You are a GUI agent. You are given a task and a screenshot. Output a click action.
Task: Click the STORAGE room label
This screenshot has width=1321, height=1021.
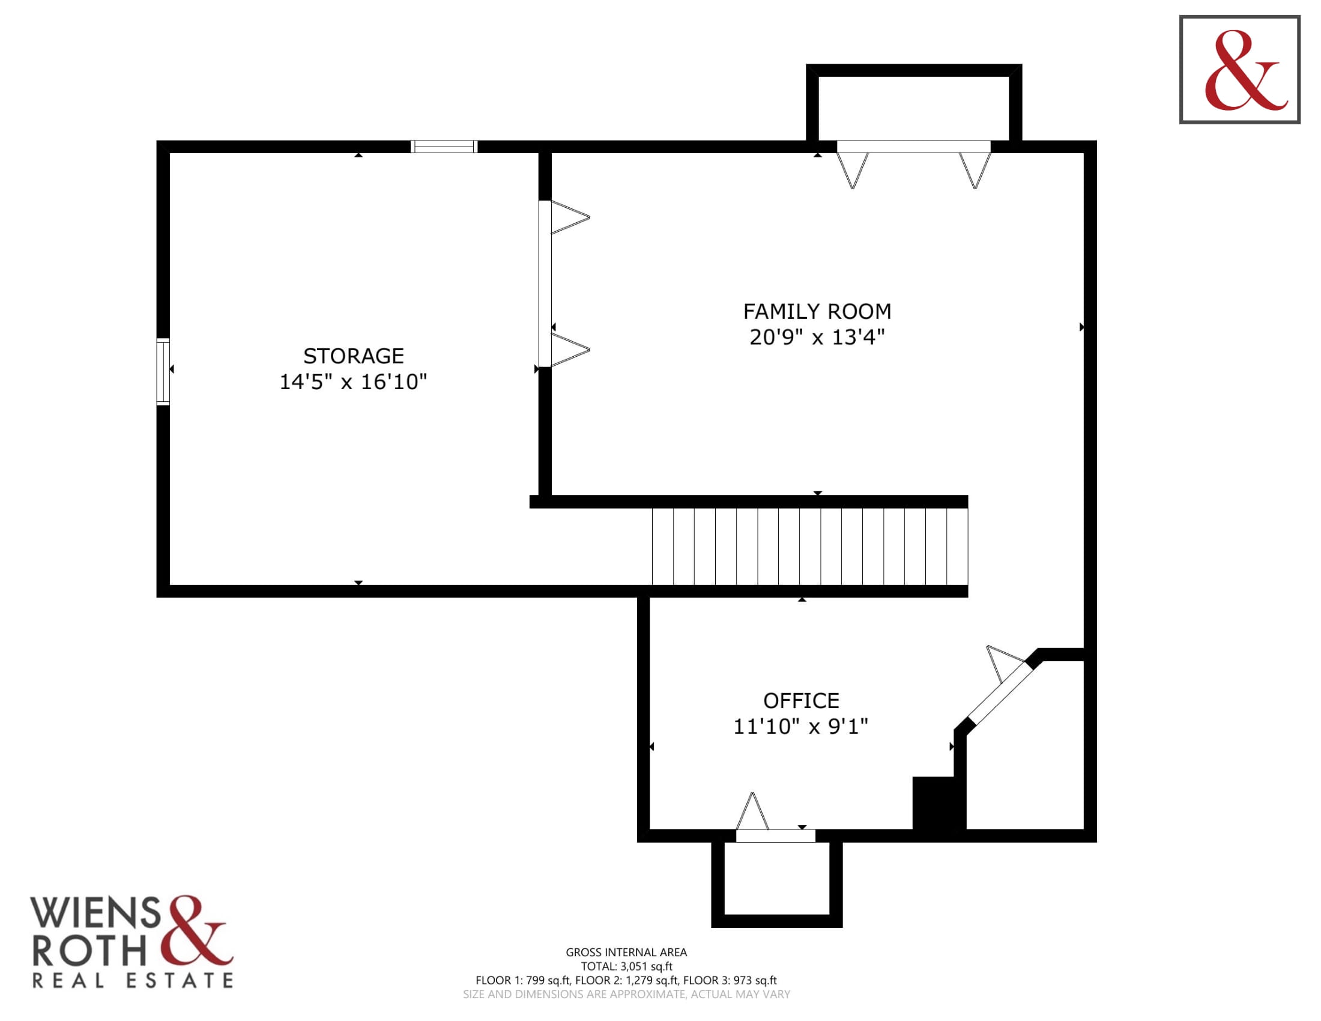coord(353,356)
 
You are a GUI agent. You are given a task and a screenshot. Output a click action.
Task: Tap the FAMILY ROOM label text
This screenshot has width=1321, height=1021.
coord(817,312)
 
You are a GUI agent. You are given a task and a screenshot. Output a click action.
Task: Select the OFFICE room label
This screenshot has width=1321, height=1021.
coord(801,700)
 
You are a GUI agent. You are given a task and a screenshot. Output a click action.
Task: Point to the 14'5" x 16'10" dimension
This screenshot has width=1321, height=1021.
coord(353,381)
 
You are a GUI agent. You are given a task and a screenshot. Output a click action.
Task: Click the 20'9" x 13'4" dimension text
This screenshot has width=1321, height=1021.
coord(817,337)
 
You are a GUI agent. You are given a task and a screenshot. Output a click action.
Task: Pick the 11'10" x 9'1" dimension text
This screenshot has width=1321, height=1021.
coord(801,727)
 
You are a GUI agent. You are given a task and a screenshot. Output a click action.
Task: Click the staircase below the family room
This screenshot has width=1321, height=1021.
coord(810,547)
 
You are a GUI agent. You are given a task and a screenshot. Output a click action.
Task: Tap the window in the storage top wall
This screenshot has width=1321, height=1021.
coord(444,147)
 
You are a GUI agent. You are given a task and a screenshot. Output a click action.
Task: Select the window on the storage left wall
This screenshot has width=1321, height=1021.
coord(163,371)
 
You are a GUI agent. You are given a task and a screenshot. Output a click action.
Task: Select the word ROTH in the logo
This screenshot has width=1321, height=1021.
coord(89,951)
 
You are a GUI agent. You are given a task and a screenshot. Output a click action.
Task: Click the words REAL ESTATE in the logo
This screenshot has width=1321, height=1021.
coord(133,981)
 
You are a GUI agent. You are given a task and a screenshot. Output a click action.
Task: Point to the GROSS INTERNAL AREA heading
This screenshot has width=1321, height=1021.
coord(626,952)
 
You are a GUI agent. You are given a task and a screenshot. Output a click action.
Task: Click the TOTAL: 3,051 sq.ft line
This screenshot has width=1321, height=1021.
coord(626,966)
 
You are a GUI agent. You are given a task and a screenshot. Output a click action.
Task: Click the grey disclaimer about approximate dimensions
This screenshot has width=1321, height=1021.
coord(626,995)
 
